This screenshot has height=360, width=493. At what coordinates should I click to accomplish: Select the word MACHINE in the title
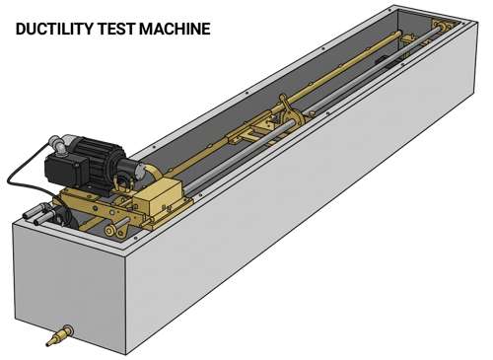click(x=175, y=29)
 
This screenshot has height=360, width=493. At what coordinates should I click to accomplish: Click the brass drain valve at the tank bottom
click(x=59, y=335)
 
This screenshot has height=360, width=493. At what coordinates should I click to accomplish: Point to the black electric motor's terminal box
click(x=66, y=170)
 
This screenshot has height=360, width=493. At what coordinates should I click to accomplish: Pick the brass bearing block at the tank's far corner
click(x=442, y=24)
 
